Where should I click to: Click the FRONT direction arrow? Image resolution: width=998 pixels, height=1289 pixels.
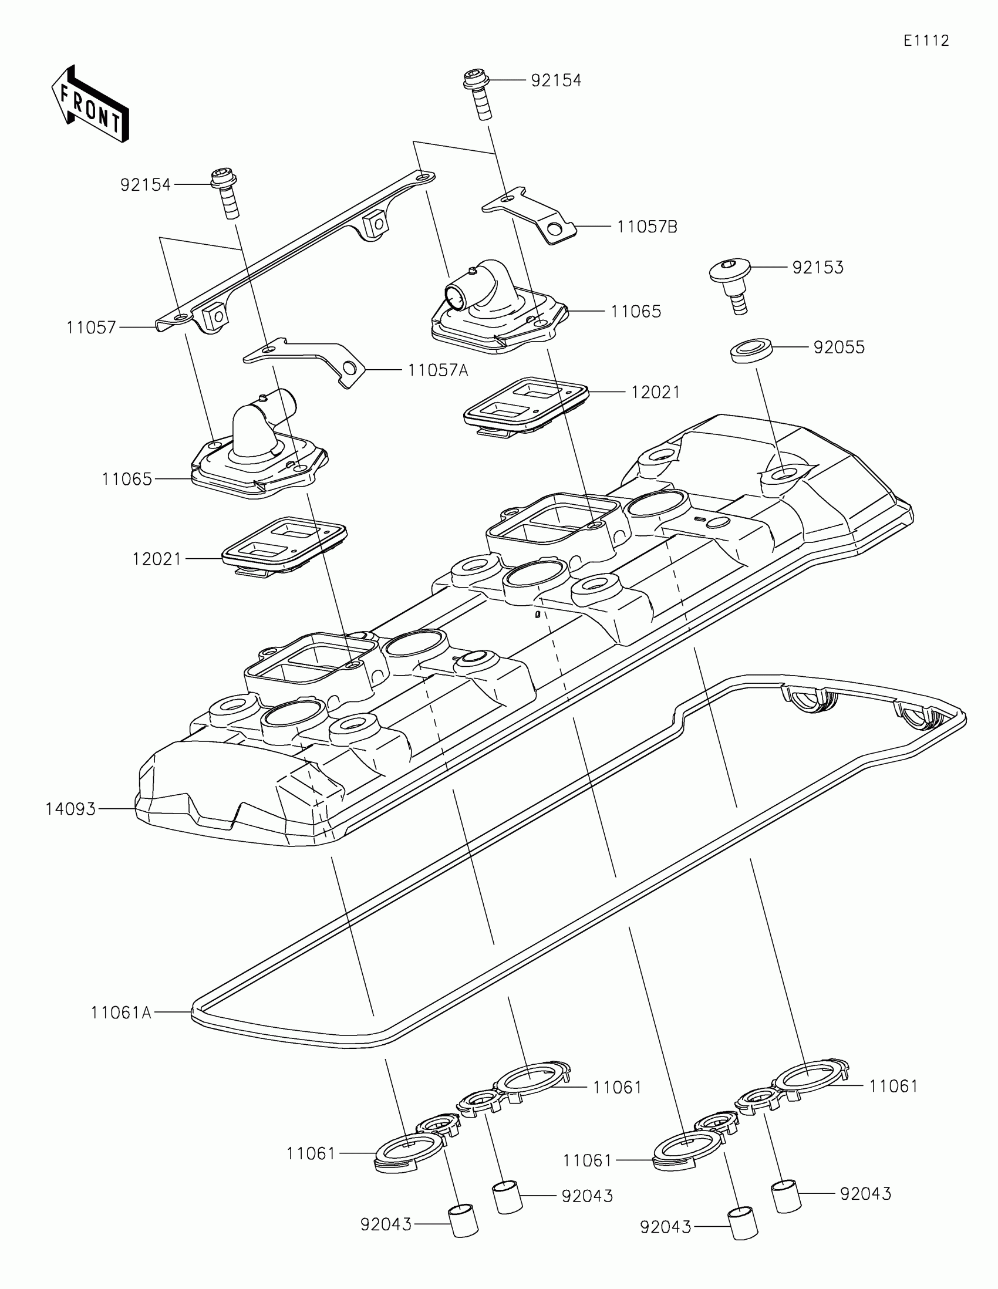(x=90, y=104)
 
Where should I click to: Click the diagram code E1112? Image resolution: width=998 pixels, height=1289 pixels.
(x=926, y=41)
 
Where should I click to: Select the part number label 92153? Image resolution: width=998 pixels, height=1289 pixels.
(x=817, y=267)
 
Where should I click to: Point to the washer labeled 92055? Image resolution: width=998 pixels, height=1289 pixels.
(x=752, y=350)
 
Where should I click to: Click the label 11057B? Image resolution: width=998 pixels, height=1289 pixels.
(x=647, y=227)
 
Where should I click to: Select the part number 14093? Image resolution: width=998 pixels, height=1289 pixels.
(x=70, y=809)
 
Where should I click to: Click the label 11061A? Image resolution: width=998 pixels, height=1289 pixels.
(x=121, y=1013)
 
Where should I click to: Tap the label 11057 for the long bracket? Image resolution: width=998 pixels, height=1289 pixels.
(x=91, y=328)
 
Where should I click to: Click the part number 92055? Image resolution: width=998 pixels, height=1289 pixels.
(x=839, y=347)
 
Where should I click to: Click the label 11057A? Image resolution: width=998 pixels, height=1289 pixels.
(x=437, y=370)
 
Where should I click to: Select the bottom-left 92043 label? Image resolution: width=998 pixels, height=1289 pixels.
(x=386, y=1224)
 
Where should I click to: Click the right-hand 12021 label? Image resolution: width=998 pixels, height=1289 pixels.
(x=655, y=393)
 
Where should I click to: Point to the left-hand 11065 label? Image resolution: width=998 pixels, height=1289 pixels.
(x=127, y=479)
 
